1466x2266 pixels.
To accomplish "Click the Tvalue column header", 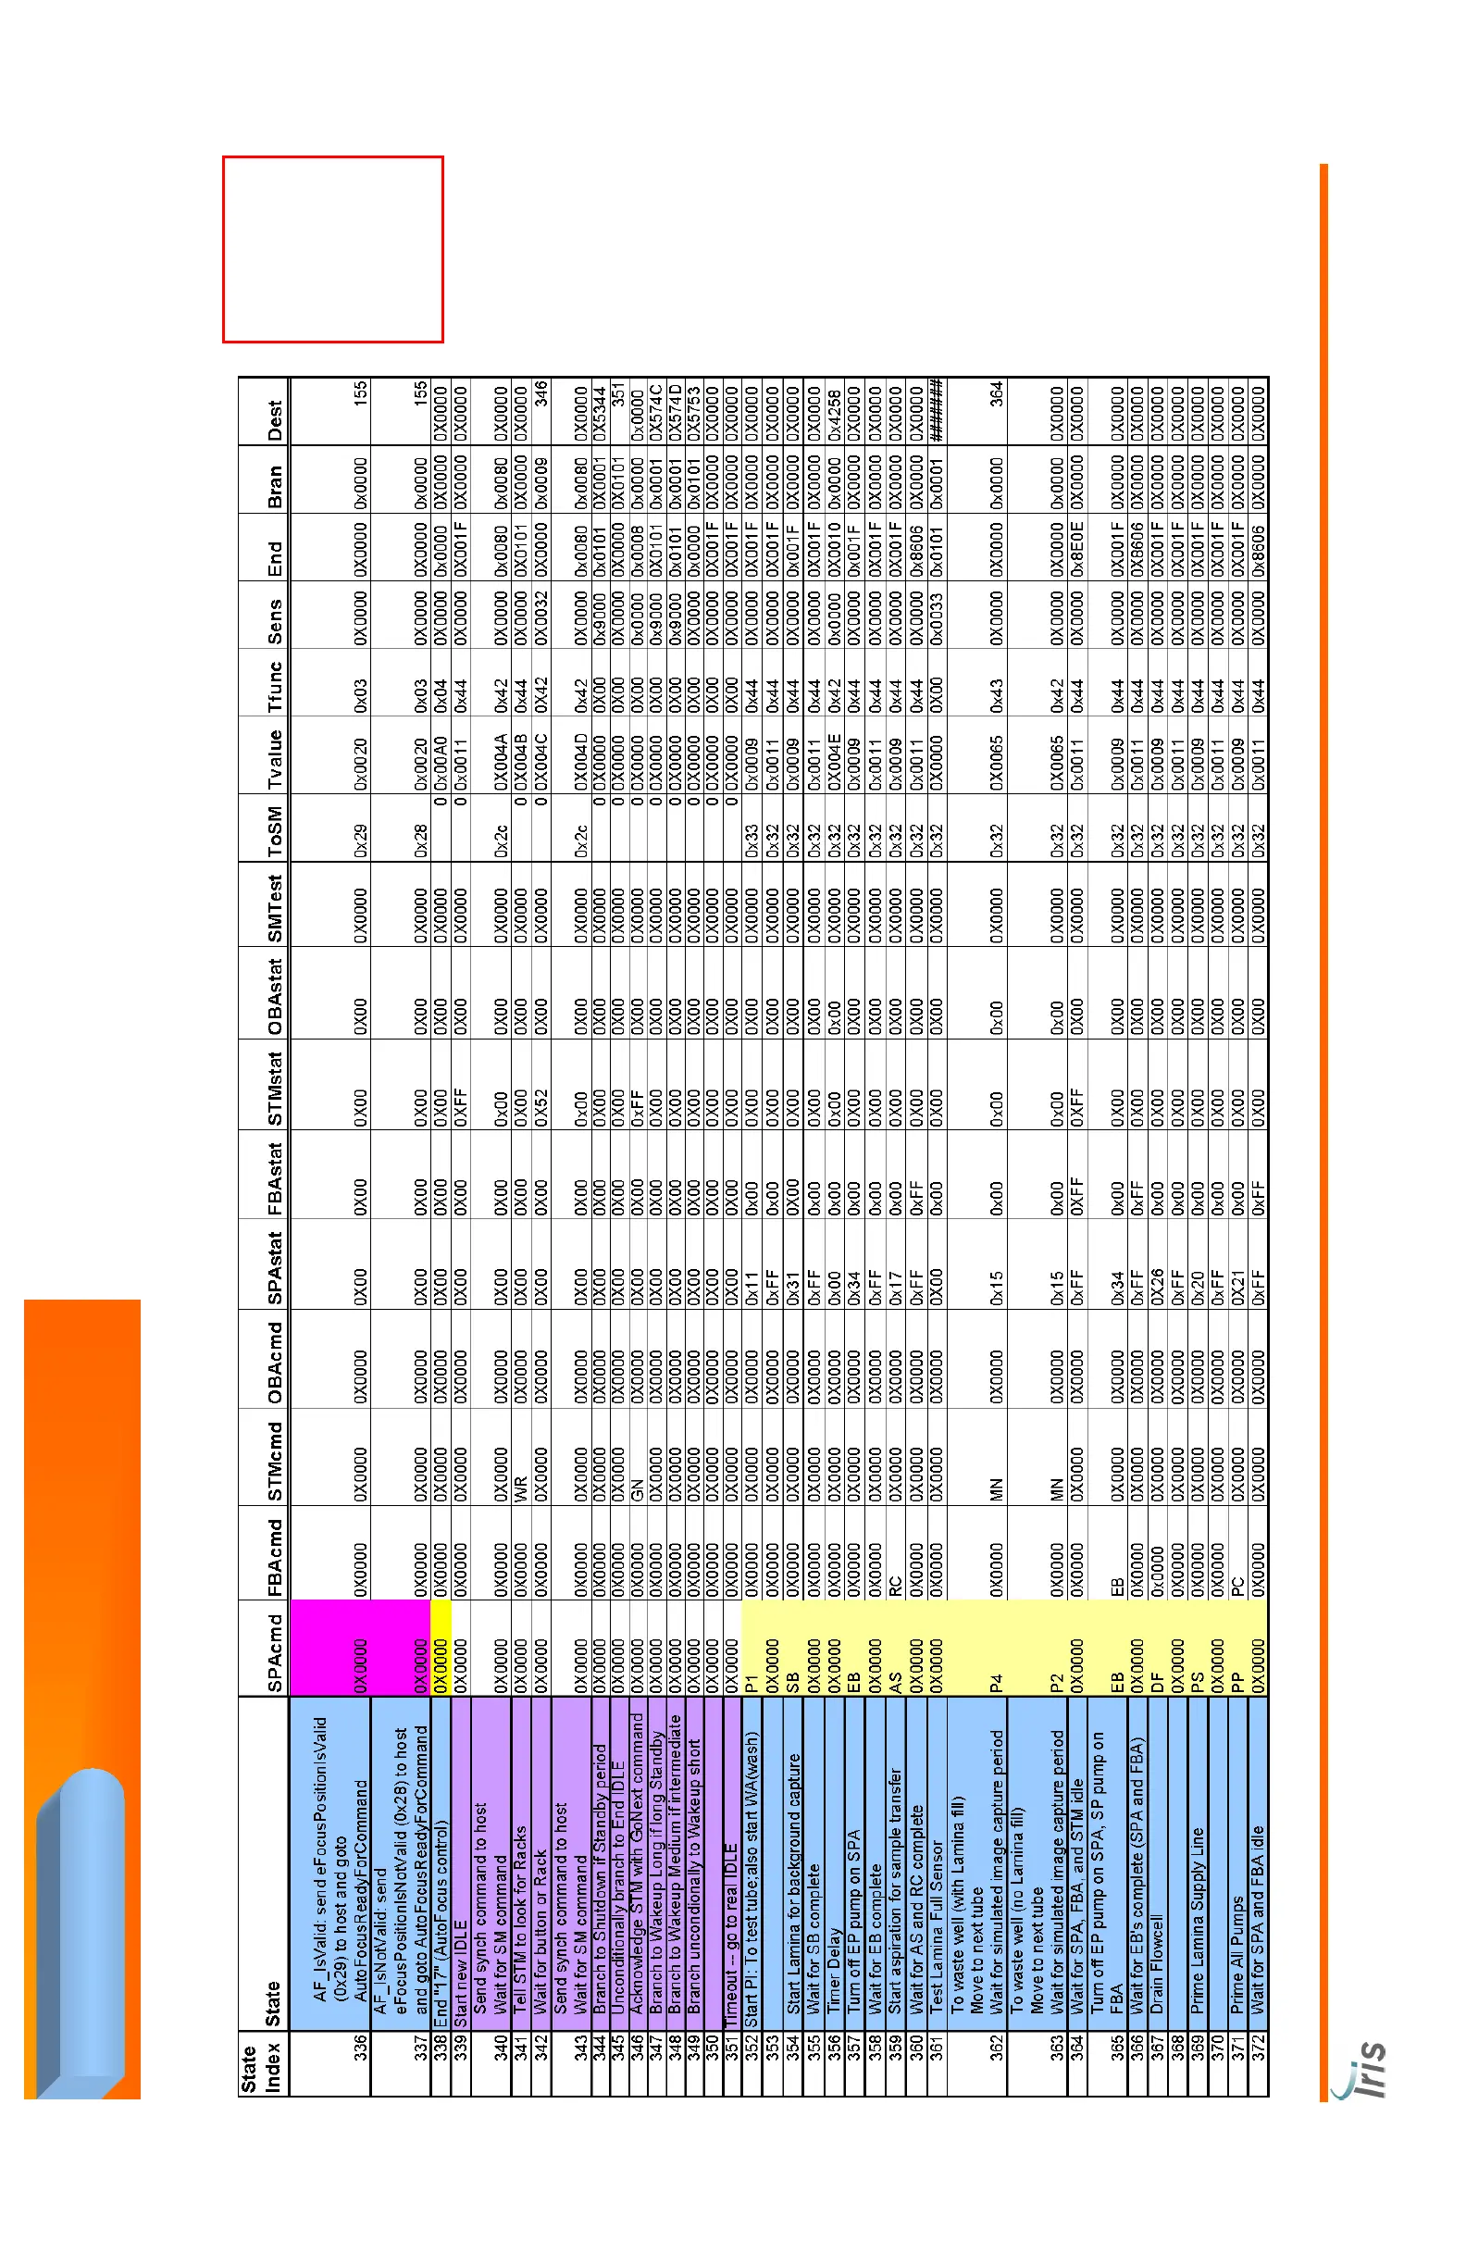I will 274,759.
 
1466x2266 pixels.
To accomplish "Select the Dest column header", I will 274,420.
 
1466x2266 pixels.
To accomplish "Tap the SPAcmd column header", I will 274,1653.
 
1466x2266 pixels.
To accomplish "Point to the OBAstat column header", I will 274,996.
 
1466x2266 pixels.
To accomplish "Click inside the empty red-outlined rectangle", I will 333,248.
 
